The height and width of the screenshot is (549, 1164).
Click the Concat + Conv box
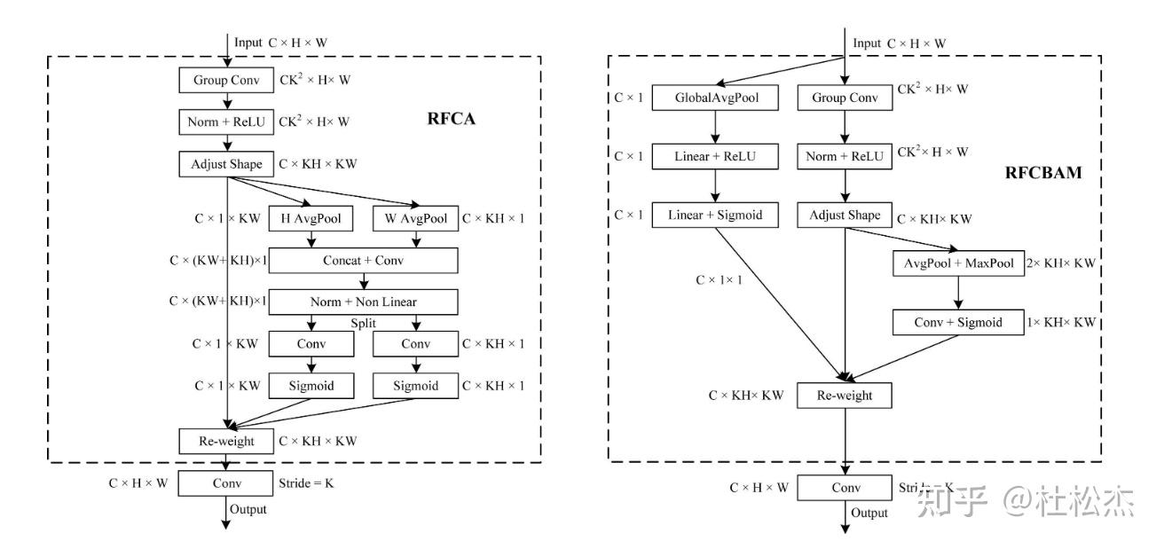(363, 260)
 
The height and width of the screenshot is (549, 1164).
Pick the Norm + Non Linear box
(363, 302)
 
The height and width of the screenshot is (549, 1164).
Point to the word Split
(363, 324)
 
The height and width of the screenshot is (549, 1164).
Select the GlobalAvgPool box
(715, 98)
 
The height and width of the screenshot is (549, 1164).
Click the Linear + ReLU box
(715, 157)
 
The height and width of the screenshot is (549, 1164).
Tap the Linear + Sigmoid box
(715, 215)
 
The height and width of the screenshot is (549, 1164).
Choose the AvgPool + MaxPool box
(958, 263)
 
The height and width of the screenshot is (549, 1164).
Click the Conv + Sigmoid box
(958, 322)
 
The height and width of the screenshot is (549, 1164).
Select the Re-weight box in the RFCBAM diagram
(845, 396)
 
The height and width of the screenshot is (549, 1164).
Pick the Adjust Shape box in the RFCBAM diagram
(845, 215)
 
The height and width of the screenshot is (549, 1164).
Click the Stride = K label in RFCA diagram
(305, 484)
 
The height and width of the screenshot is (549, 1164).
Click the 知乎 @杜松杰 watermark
(1025, 502)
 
